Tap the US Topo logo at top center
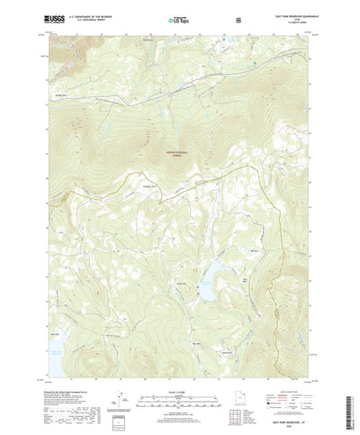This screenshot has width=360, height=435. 179,18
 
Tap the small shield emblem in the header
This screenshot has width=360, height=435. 237,18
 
